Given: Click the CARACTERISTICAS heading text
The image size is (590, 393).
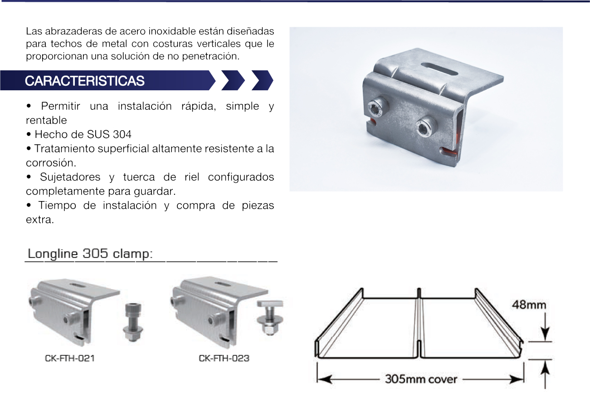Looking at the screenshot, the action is [x=84, y=81].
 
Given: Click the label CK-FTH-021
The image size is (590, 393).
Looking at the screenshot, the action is [x=70, y=358].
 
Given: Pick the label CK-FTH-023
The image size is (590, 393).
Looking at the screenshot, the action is [x=224, y=358].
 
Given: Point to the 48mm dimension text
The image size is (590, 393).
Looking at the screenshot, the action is [x=529, y=305].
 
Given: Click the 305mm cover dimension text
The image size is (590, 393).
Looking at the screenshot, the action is [x=421, y=379].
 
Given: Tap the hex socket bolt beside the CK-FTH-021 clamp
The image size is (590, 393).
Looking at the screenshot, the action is [x=133, y=322].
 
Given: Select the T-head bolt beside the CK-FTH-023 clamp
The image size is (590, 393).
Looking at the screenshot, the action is [x=270, y=318].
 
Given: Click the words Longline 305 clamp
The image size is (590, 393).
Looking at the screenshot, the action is [x=90, y=254].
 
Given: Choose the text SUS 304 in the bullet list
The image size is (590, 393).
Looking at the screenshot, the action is [x=109, y=134].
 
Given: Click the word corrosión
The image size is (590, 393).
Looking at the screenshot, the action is [x=51, y=163].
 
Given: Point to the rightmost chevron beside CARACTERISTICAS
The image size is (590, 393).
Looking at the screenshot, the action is [x=262, y=80].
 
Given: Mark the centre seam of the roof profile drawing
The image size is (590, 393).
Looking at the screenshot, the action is [x=419, y=323].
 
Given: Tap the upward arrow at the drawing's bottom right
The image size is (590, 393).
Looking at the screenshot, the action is [x=545, y=374].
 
